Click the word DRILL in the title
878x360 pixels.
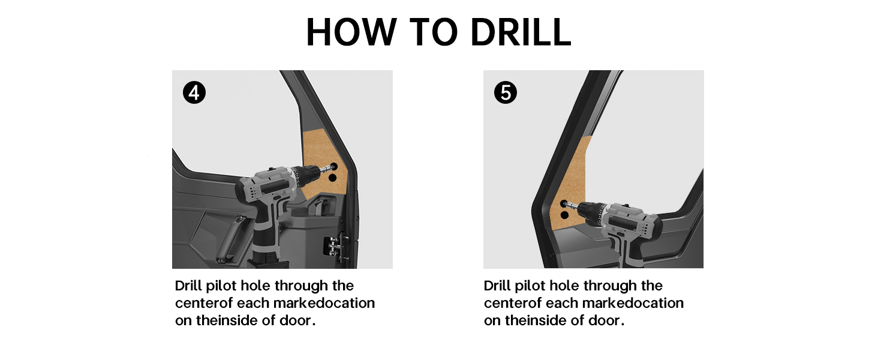click(521, 32)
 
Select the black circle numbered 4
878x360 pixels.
click(194, 92)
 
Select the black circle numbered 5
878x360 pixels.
click(505, 92)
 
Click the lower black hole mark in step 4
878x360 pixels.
click(332, 178)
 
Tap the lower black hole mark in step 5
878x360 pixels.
click(564, 215)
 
